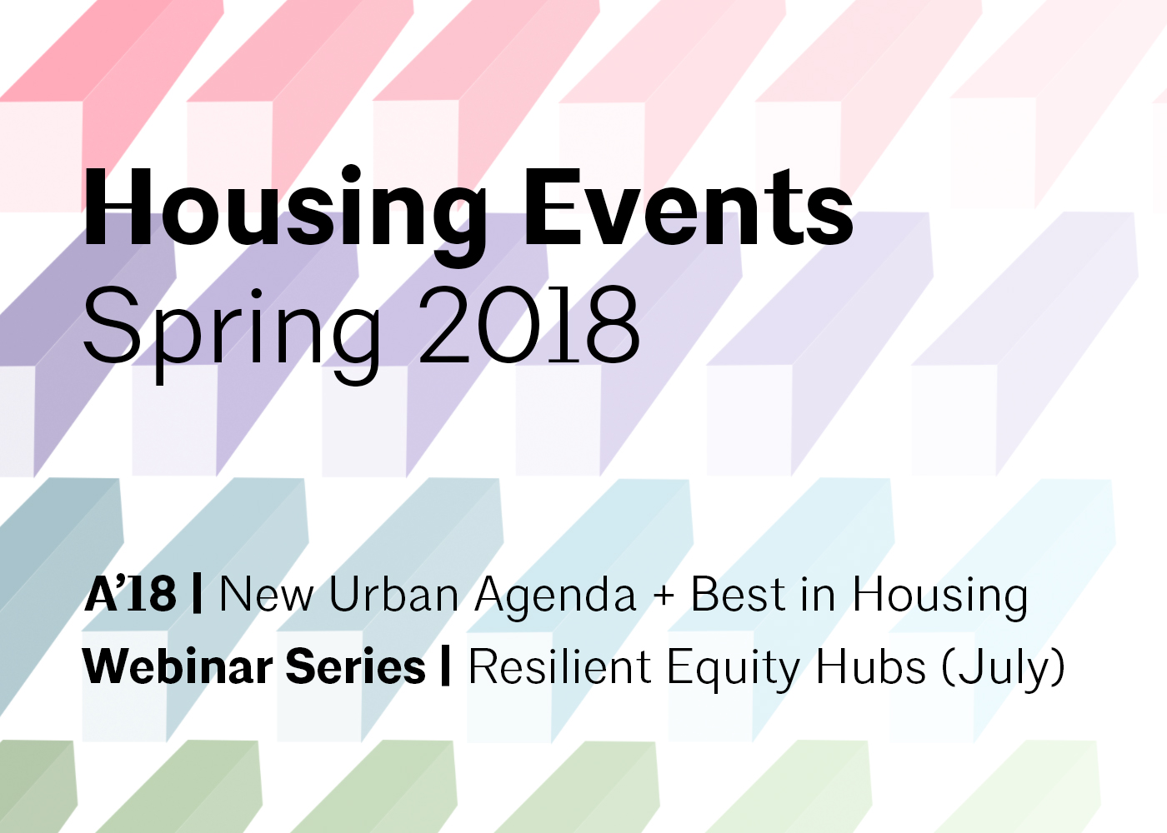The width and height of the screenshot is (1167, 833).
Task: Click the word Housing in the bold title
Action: tap(285, 215)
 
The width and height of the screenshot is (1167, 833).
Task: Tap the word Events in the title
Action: tap(689, 207)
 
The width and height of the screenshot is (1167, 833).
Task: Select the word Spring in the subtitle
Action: tap(233, 334)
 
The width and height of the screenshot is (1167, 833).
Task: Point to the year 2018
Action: tap(529, 325)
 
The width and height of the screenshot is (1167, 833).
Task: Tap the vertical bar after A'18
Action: tap(197, 595)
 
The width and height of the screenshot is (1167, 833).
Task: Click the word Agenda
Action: tap(555, 598)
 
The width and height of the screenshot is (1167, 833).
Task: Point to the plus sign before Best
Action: tap(664, 596)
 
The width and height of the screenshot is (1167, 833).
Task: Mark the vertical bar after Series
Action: tap(445, 667)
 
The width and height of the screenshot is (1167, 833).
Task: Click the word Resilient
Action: tap(560, 666)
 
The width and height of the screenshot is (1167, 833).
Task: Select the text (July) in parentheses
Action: tap(1004, 669)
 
